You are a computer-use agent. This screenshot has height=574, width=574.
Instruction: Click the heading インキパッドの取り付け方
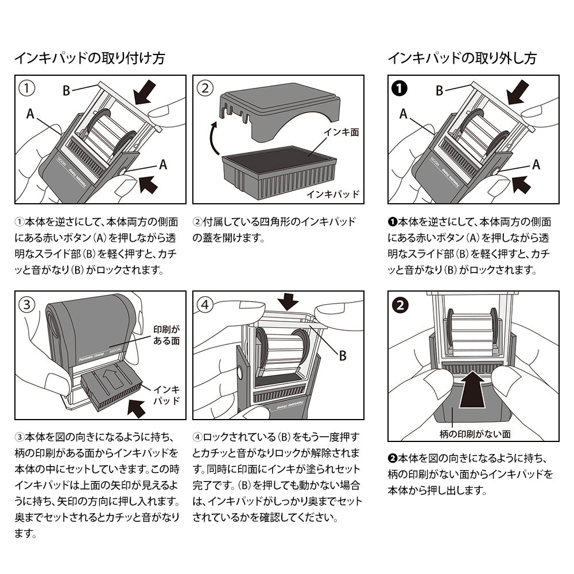point(90,58)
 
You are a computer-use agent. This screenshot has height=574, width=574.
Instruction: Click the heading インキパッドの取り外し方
point(463,58)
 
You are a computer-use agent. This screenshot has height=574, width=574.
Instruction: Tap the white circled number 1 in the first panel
point(27,88)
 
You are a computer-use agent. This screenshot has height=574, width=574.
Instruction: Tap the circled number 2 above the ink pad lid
point(205,88)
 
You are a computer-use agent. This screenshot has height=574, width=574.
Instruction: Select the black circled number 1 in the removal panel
point(400,88)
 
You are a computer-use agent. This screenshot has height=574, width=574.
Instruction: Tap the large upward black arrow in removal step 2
point(474,390)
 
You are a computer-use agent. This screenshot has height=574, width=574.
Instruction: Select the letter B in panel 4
point(343,356)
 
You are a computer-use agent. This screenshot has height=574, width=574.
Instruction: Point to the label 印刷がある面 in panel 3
point(167,335)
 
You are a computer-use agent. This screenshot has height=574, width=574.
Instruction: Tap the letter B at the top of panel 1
point(67,90)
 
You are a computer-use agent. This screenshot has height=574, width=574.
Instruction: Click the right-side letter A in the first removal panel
point(536,165)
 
